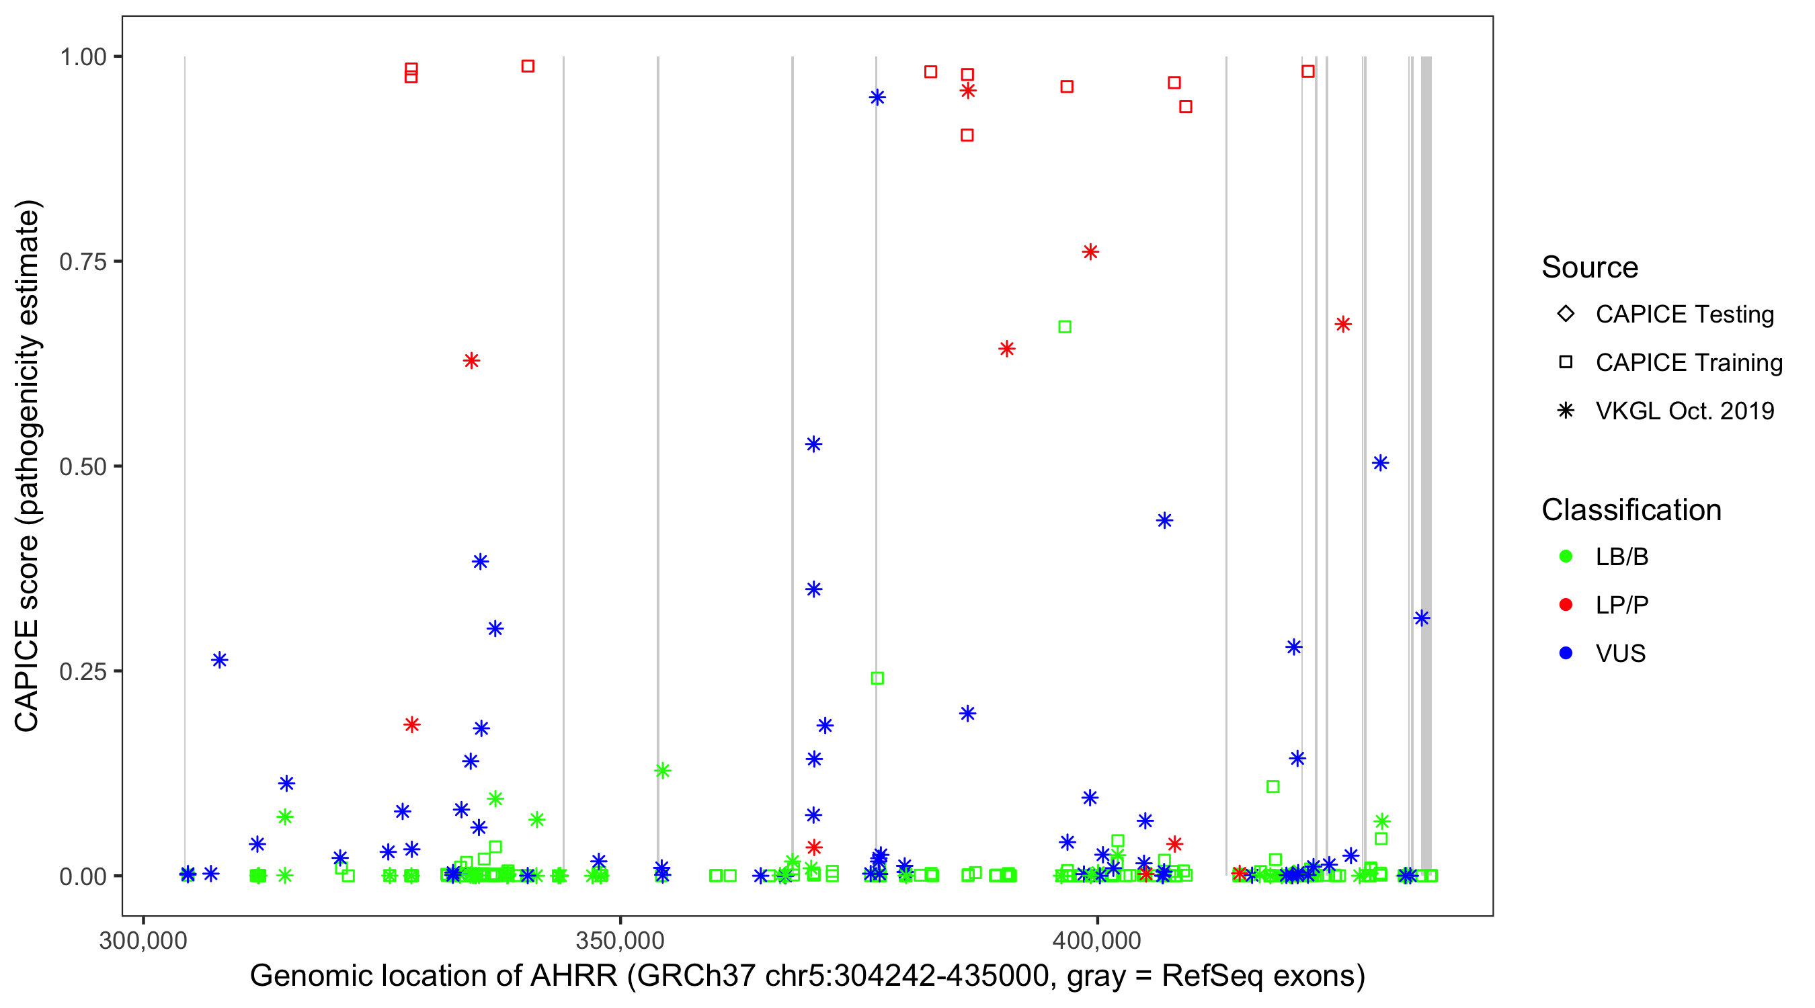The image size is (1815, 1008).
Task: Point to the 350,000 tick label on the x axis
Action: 619,940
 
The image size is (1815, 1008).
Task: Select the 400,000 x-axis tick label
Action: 1096,940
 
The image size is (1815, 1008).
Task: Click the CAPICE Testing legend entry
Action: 1684,314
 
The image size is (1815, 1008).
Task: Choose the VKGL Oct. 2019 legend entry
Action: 1684,411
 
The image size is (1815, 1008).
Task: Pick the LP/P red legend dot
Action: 1566,605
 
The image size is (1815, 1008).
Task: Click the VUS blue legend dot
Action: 1566,654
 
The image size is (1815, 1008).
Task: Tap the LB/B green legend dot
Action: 1566,556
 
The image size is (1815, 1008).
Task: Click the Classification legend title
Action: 1630,510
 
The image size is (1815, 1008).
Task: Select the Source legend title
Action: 1590,267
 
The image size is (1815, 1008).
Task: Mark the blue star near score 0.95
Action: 877,97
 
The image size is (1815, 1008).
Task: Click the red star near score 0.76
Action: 1090,252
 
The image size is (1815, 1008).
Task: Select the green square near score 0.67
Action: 1065,327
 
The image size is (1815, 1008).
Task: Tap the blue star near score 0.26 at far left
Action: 220,660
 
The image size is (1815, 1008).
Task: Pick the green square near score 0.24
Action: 877,678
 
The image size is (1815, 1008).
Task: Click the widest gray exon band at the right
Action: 1426,465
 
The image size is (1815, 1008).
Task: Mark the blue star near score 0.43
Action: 1165,521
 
